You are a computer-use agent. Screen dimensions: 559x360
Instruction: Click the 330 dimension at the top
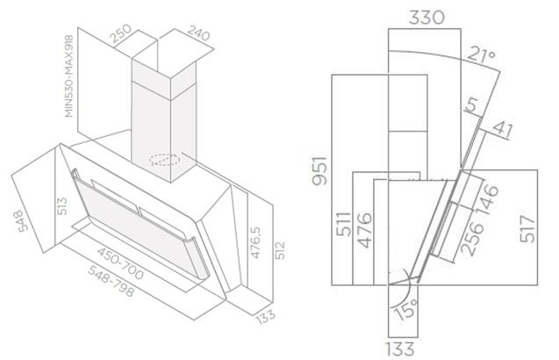426,18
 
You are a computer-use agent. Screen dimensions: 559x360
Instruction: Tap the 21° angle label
481,55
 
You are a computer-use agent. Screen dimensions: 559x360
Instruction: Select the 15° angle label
406,310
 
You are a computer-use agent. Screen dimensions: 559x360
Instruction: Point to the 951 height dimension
319,170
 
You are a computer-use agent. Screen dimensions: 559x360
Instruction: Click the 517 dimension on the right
528,228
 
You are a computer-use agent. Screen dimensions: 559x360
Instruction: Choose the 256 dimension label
472,238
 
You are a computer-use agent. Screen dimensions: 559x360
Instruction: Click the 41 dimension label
502,130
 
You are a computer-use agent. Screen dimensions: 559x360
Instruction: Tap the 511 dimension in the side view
344,224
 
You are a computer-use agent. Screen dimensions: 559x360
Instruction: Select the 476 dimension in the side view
365,230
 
